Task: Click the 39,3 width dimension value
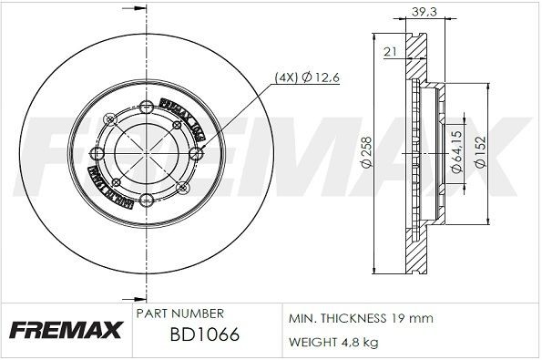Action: pos(421,11)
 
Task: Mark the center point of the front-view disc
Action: pos(146,151)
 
